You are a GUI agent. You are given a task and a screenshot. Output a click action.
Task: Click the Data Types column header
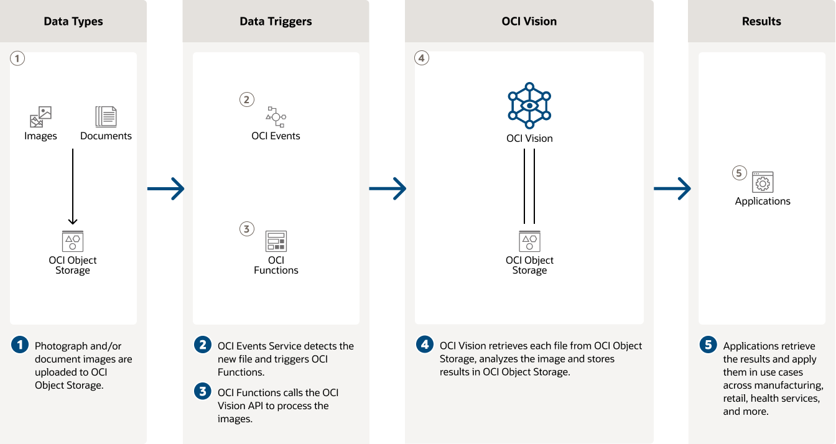coord(73,21)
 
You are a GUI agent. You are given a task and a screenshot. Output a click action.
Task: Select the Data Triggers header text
coord(276,21)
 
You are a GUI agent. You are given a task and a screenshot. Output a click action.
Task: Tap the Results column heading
coord(761,21)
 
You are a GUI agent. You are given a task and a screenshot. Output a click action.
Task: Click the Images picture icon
coord(40,117)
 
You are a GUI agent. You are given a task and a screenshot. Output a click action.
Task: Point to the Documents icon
coord(106,117)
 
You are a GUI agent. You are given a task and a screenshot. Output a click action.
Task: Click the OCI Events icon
coord(276,116)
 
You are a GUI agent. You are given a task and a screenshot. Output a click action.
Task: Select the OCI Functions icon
coord(276,241)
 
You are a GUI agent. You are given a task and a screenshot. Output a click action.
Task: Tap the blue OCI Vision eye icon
coord(529,105)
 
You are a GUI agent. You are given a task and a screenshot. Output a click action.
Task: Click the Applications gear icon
coord(763,182)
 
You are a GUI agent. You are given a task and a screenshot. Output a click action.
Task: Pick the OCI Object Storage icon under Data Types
coord(73,241)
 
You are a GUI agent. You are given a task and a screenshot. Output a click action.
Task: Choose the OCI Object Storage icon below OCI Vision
coord(529,241)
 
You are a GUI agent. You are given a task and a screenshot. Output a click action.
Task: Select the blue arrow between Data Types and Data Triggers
coord(165,188)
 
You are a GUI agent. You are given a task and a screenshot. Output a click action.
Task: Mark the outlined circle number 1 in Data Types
coord(18,58)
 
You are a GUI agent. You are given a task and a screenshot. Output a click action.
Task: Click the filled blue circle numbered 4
coord(425,345)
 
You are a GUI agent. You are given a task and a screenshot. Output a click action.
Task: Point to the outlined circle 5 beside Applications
coord(739,173)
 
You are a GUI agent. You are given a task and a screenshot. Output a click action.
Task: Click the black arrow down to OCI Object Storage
coord(73,187)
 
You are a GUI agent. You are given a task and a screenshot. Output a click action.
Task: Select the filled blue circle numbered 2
coord(203,345)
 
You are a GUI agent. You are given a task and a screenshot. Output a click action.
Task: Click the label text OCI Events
coord(276,136)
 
